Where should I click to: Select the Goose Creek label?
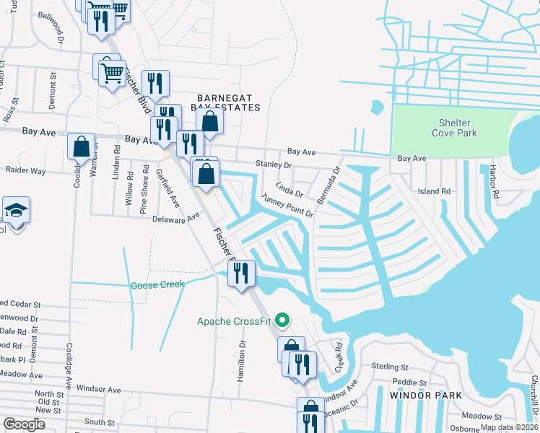157,285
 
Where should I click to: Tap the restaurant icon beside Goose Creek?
240,273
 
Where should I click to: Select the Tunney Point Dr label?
287,205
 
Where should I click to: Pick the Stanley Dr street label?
273,165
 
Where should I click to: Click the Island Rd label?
434,191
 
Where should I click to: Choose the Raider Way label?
25,171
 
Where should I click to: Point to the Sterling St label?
390,367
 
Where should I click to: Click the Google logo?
25,424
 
